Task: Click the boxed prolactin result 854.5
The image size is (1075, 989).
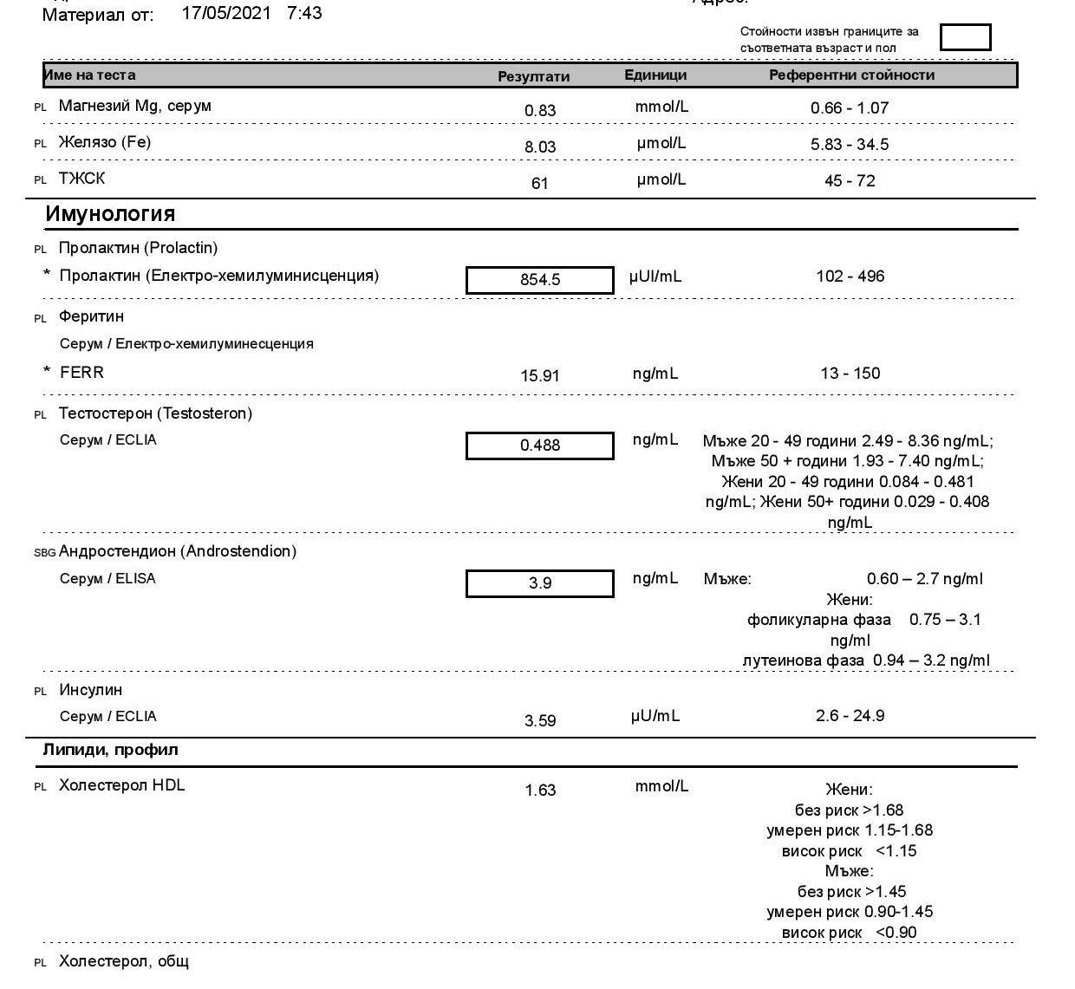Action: click(540, 280)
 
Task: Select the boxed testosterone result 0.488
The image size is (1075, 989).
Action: click(540, 446)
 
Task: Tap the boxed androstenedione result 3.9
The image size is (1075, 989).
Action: click(540, 583)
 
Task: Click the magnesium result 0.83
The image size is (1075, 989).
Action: click(540, 111)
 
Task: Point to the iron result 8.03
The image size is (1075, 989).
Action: click(540, 147)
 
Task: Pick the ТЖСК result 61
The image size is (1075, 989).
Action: click(540, 184)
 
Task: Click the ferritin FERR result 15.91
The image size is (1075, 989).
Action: click(540, 376)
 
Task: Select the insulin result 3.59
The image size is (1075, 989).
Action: click(540, 720)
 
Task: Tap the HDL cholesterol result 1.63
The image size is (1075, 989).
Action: click(540, 791)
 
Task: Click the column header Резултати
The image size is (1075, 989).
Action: click(533, 76)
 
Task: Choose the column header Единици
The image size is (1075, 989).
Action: click(655, 75)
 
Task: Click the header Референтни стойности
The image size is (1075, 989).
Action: click(851, 75)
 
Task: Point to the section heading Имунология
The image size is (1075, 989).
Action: click(110, 214)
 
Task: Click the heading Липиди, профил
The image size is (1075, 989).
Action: click(110, 750)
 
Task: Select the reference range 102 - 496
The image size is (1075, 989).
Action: click(850, 277)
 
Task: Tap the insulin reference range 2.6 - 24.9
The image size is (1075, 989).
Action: click(850, 716)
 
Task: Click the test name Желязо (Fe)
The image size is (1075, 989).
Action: click(104, 142)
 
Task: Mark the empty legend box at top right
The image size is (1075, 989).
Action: click(965, 37)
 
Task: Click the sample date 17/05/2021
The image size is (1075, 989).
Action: click(226, 14)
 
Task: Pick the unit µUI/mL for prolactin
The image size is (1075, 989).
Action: click(655, 277)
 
